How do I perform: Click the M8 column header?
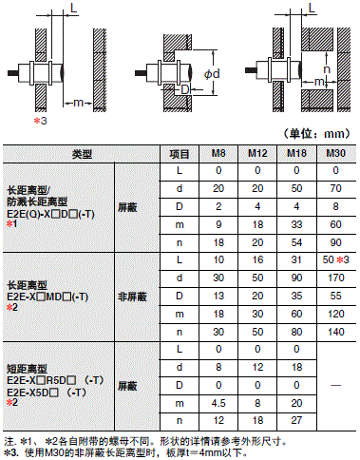click(218, 153)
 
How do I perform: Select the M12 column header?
click(256, 153)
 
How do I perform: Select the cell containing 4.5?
click(218, 400)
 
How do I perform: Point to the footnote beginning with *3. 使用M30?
click(142, 450)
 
